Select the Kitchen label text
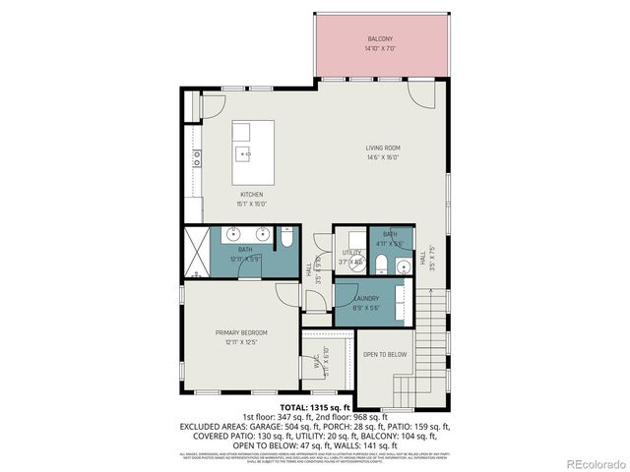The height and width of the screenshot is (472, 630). tap(251, 195)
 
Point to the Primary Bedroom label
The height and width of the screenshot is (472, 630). tap(241, 333)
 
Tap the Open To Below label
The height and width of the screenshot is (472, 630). tap(385, 354)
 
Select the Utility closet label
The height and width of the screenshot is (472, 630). tap(350, 253)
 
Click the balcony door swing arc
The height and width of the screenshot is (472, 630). tap(421, 96)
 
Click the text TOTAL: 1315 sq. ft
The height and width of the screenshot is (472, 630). tap(315, 406)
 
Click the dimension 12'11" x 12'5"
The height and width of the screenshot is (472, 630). tap(241, 343)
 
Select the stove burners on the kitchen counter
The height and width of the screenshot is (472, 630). tap(198, 154)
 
